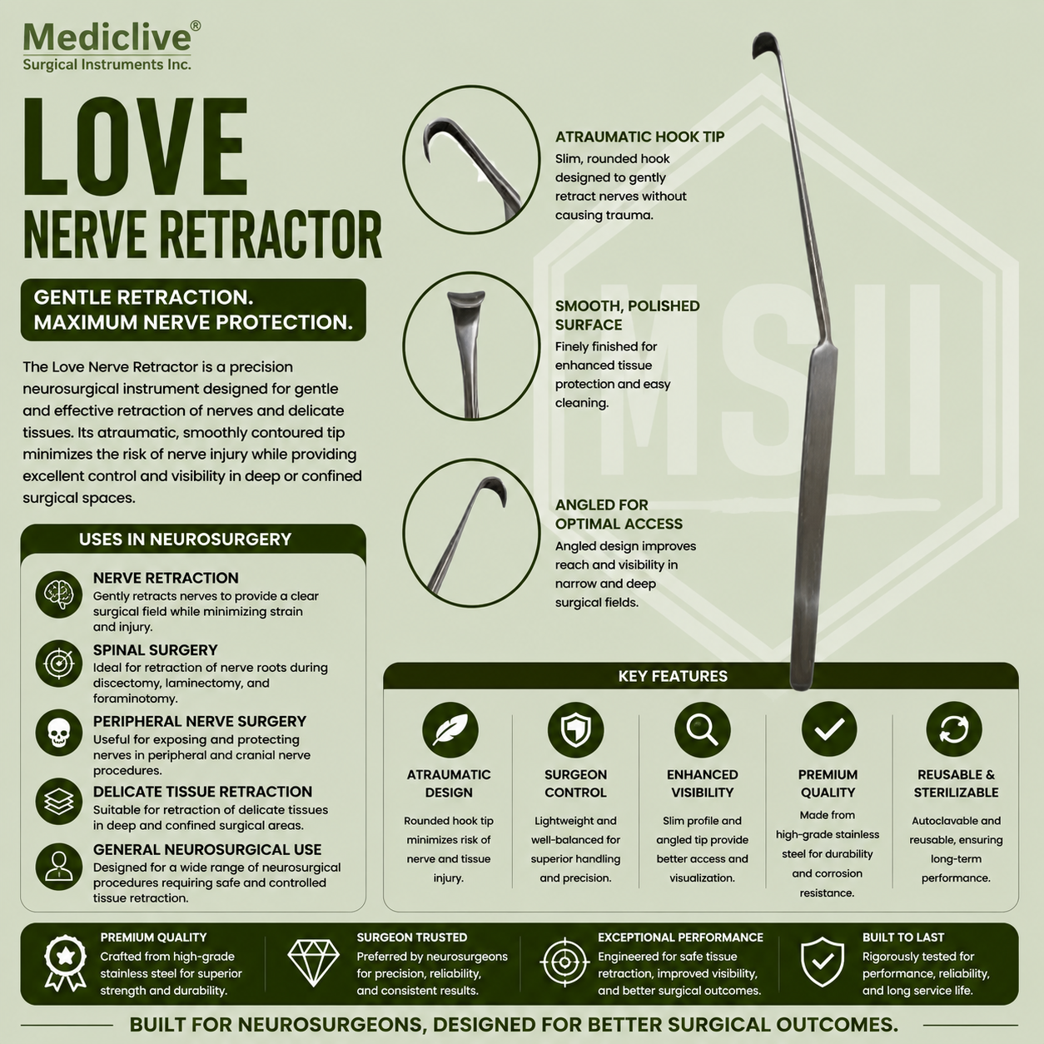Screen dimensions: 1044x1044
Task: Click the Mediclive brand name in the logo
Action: tap(107, 37)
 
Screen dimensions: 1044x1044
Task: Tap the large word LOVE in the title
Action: tap(136, 147)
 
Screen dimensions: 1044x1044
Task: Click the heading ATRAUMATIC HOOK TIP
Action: tap(640, 137)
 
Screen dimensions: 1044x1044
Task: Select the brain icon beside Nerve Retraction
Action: tap(59, 594)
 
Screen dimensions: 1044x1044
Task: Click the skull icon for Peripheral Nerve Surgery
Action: tap(59, 733)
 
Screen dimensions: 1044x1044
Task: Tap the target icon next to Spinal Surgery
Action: tap(59, 664)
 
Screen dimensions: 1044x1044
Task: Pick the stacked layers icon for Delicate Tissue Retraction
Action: tap(59, 802)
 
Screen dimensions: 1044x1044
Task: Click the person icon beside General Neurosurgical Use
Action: tap(59, 867)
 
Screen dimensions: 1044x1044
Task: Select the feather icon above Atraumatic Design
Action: tap(450, 729)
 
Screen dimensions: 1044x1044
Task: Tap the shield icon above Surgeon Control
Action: tap(576, 729)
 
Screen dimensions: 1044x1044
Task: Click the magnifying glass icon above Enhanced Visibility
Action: tap(703, 729)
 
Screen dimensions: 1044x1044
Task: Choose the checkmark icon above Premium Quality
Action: tap(829, 729)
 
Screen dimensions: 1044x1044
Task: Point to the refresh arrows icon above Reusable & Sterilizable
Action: tap(954, 729)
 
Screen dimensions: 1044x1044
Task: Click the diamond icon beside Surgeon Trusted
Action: tap(313, 962)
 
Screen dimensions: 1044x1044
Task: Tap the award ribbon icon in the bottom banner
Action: tap(66, 962)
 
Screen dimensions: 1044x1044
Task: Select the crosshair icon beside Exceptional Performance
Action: tap(564, 962)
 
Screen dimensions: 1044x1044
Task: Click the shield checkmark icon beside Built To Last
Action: tap(823, 962)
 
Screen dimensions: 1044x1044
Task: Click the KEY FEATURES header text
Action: tap(673, 676)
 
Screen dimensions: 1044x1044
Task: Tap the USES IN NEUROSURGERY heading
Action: tap(186, 539)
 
